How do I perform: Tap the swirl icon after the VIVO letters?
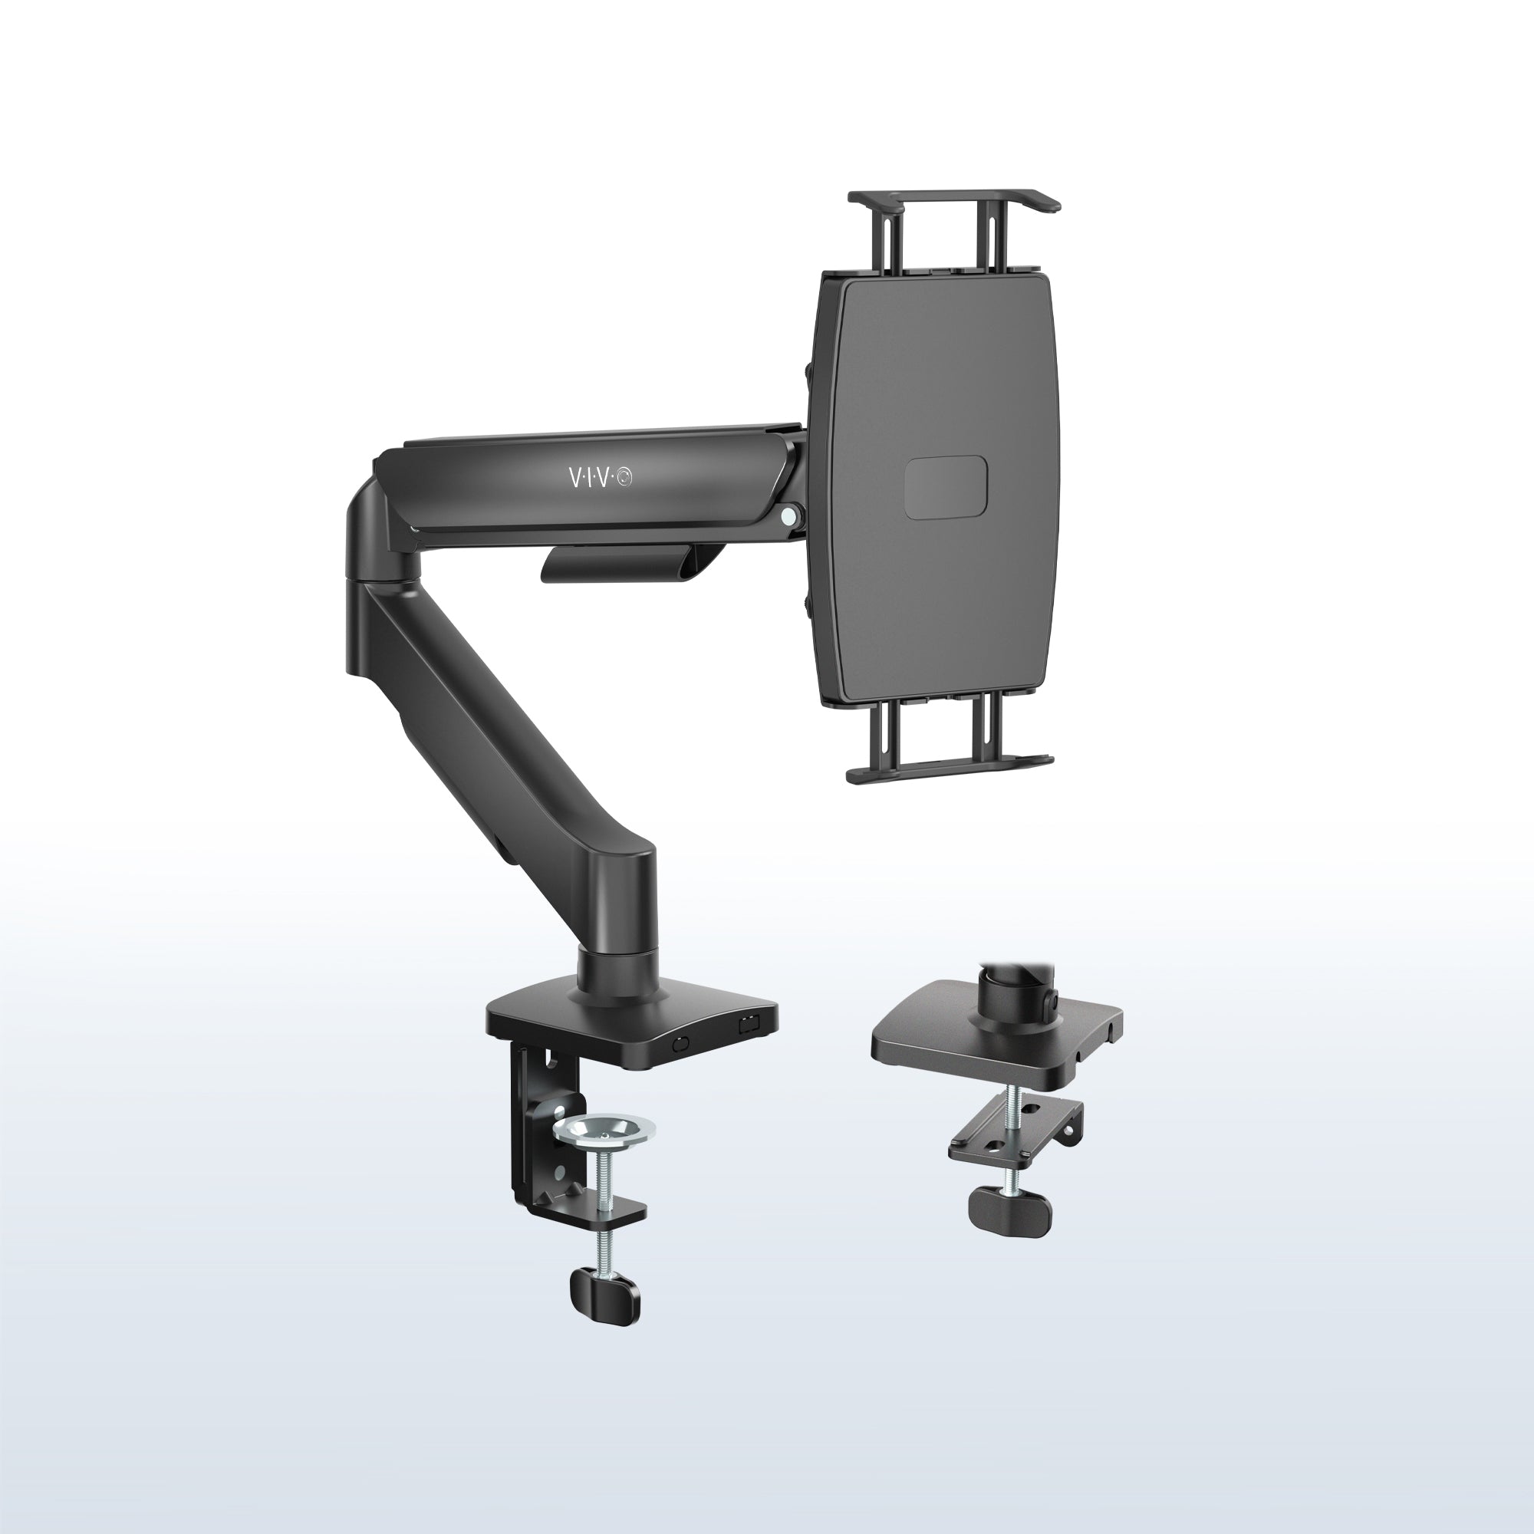626,477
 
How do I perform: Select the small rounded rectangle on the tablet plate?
946,488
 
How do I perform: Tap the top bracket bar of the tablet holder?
953,199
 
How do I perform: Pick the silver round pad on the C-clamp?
604,1128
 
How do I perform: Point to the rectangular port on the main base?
747,1025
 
